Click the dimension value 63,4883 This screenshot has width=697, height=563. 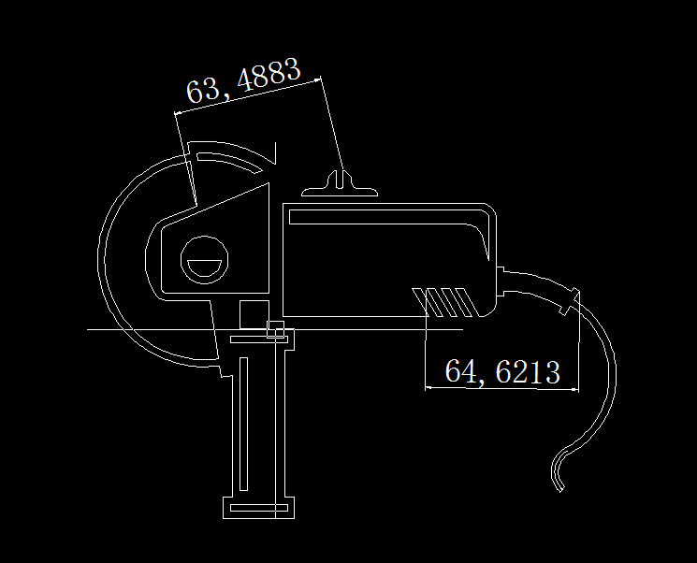click(x=243, y=80)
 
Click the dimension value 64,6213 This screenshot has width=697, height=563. click(x=502, y=371)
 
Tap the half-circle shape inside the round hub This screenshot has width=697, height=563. click(x=205, y=268)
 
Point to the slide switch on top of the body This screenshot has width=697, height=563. click(x=340, y=184)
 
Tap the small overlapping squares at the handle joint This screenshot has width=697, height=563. click(x=275, y=329)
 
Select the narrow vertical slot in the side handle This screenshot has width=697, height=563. click(x=243, y=424)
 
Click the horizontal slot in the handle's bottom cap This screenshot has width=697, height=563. click(x=259, y=508)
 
